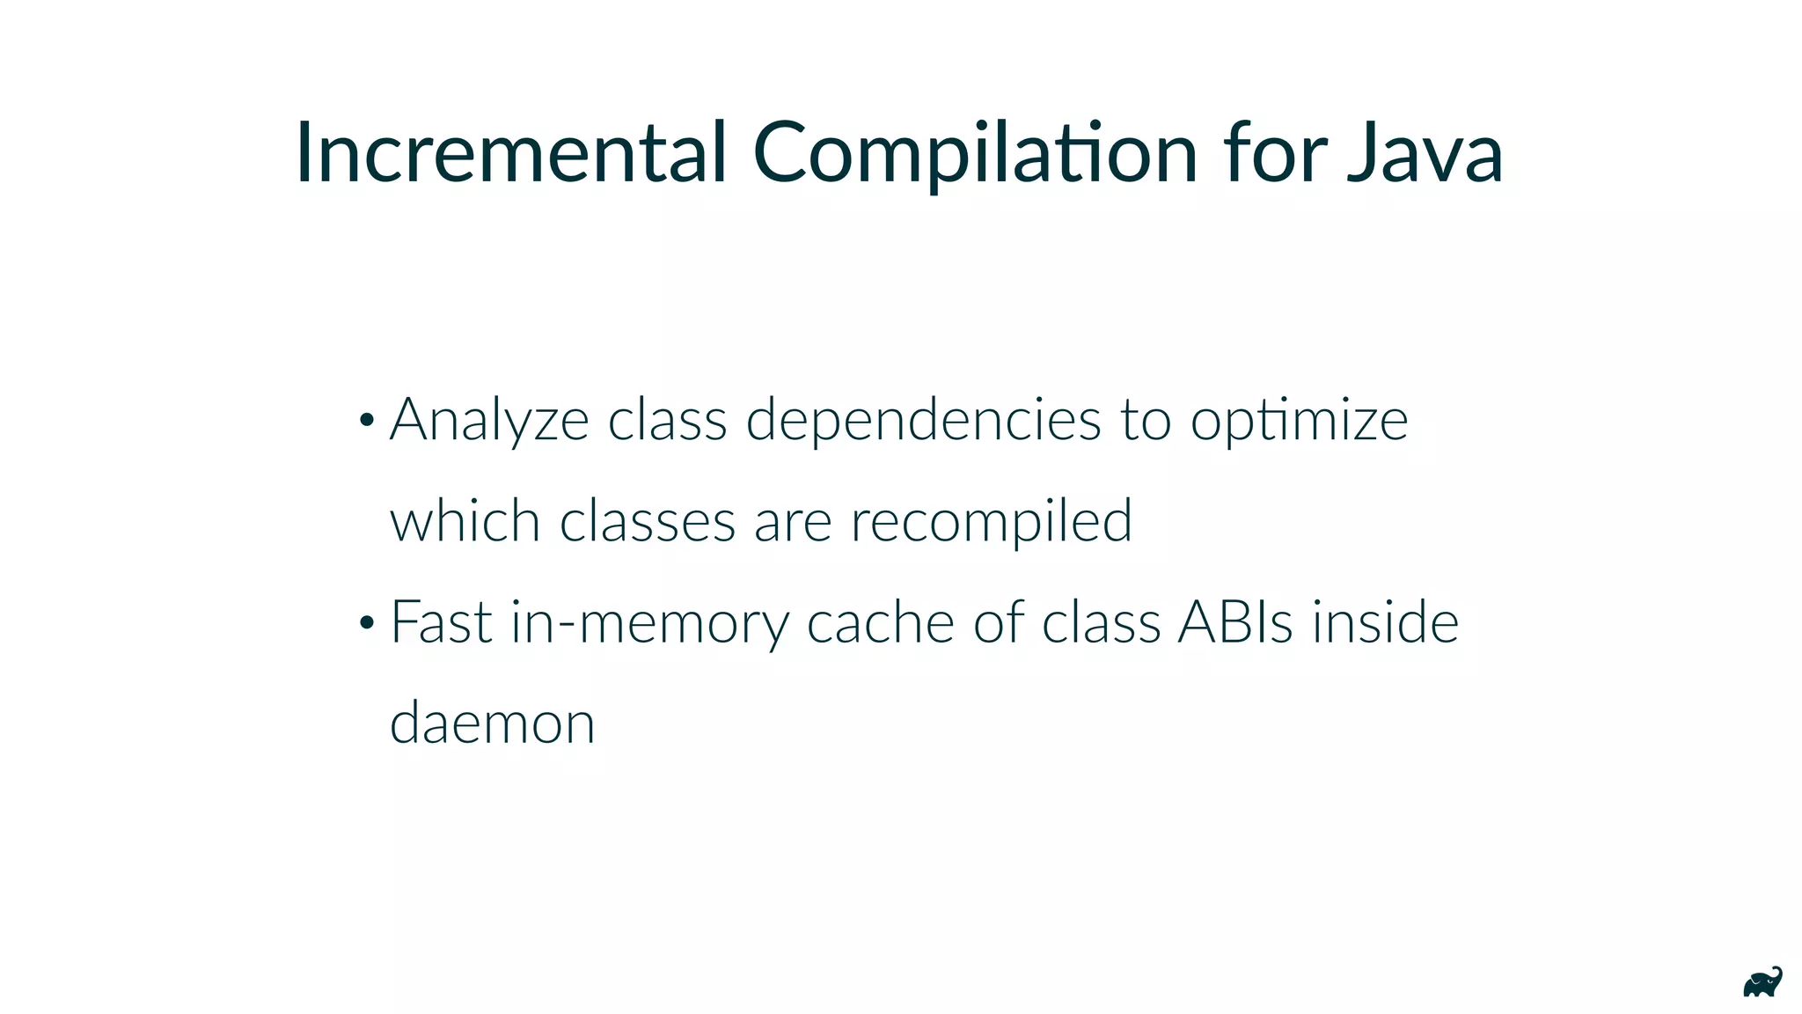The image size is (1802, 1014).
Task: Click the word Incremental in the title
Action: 511,153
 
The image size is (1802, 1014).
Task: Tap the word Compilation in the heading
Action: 975,153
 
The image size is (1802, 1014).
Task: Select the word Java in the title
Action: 1425,153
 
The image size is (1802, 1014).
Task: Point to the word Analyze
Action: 489,421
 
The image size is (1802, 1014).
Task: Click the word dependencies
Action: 923,421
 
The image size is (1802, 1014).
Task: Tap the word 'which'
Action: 465,521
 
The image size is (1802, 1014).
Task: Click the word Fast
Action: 441,622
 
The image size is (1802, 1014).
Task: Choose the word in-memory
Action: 649,622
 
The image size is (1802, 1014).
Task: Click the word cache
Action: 880,622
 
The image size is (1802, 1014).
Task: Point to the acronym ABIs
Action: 1235,622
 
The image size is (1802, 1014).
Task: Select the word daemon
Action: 492,724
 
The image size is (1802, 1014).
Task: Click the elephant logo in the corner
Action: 1762,982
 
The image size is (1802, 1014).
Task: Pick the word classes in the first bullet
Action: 647,521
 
